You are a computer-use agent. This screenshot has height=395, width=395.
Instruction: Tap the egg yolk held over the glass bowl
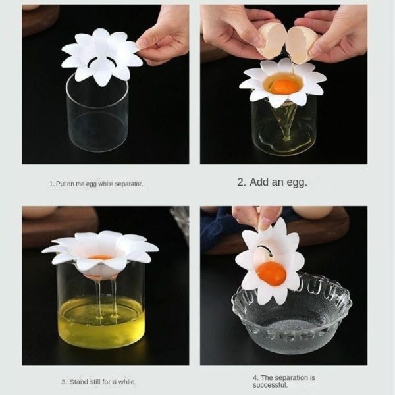point(271,274)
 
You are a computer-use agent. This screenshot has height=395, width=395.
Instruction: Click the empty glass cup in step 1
point(97,113)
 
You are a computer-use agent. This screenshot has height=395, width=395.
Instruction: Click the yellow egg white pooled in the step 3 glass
point(101,322)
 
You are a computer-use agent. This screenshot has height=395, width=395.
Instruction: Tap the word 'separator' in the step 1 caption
point(128,184)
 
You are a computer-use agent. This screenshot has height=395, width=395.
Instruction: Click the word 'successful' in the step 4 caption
point(270,385)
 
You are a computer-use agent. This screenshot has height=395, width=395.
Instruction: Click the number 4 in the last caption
point(255,378)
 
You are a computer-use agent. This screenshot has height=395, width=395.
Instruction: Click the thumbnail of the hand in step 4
point(265,223)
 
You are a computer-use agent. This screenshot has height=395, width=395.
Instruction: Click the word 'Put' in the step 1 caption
point(61,184)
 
